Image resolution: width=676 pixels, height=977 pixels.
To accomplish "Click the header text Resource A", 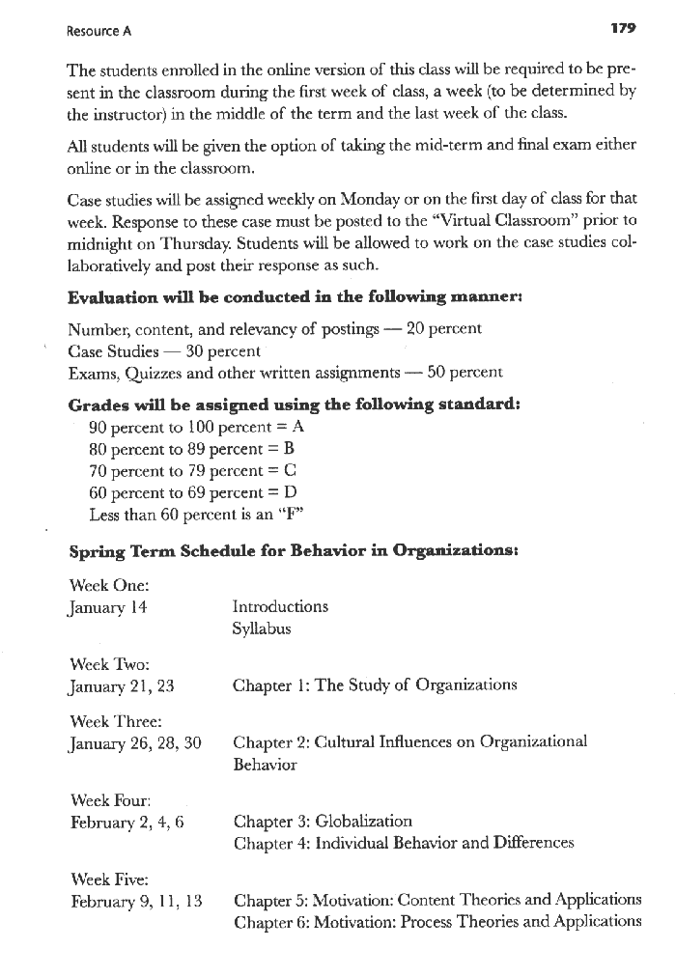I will (x=99, y=30).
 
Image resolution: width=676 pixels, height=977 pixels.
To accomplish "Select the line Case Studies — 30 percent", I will (x=165, y=350).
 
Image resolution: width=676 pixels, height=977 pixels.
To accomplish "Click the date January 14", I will (x=107, y=607).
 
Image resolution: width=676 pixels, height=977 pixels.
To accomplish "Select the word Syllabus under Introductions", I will (x=261, y=628).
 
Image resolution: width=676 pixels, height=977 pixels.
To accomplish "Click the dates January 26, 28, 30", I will (x=135, y=743).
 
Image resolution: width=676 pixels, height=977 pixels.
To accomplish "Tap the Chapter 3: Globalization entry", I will (x=323, y=822).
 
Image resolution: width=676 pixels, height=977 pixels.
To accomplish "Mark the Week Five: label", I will (x=109, y=879).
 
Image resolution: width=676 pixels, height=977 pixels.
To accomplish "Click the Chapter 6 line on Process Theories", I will (x=437, y=921).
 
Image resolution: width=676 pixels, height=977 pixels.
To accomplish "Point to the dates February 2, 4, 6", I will (x=127, y=822).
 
